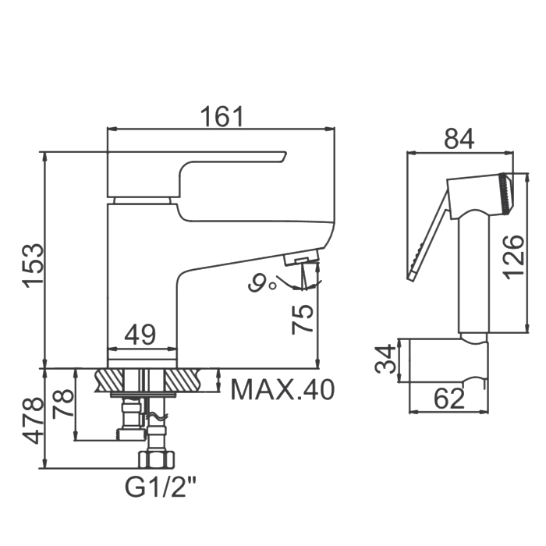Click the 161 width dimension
coord(222,116)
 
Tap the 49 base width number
coord(140,335)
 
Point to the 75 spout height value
coord(303,319)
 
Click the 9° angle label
coord(262,282)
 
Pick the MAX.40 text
coord(282,390)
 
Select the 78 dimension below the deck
coord(63,403)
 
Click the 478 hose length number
coord(33,420)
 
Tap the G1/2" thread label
coord(161,487)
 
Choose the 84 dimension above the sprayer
coord(459,139)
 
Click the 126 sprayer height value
coord(513,257)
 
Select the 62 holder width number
coord(449,399)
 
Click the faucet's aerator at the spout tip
coord(302,257)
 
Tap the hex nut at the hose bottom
coord(156,459)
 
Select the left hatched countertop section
coord(109,380)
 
